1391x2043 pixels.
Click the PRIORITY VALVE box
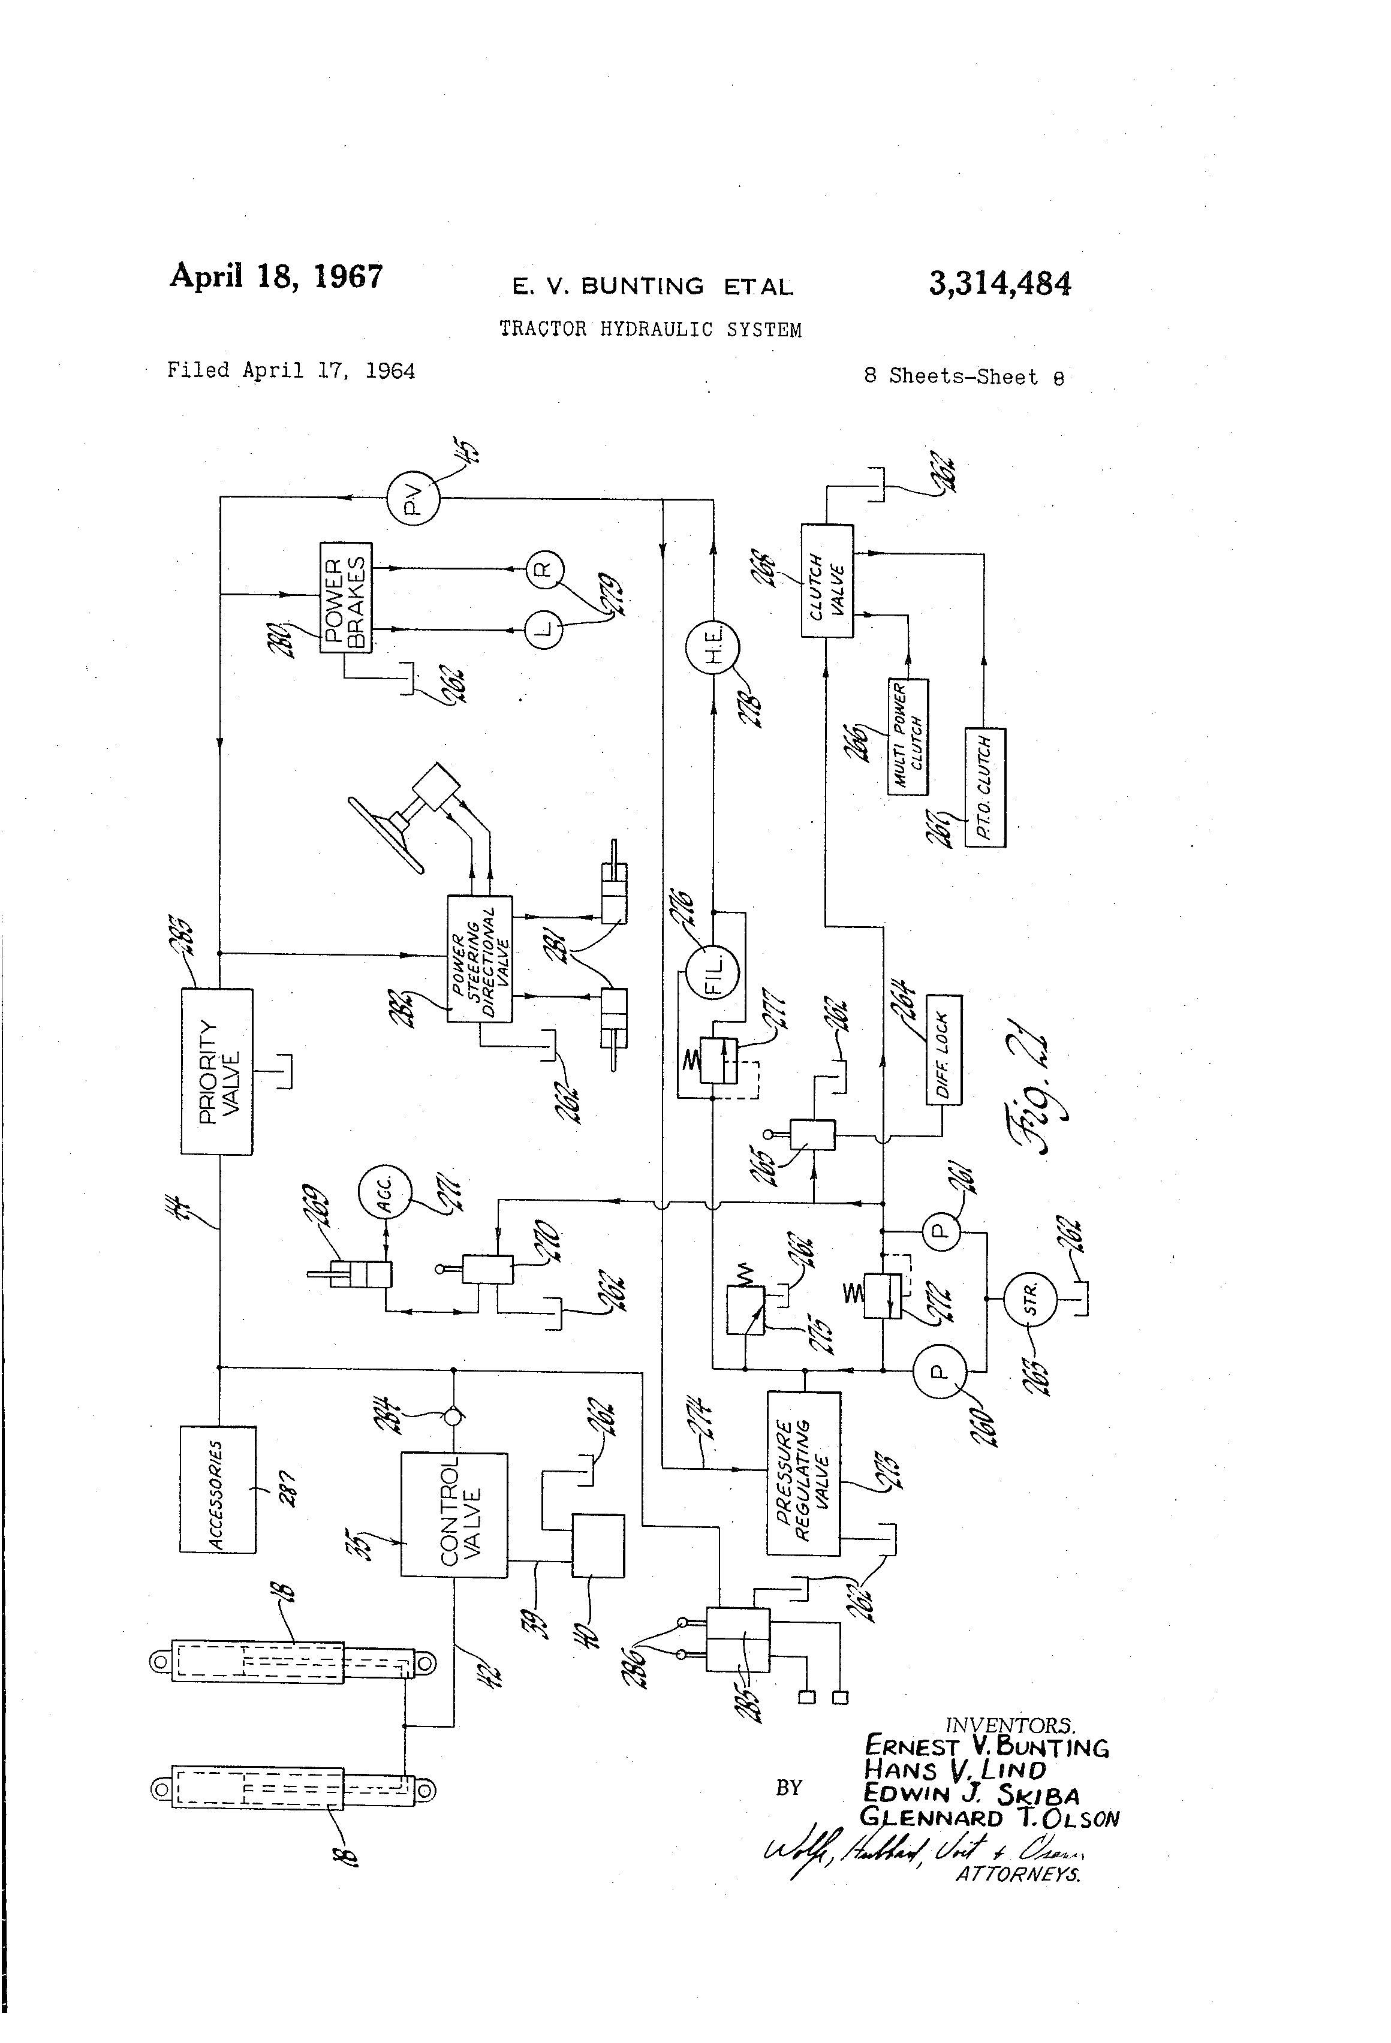tap(216, 1071)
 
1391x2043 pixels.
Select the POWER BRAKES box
tap(345, 597)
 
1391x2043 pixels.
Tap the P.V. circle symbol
tap(413, 498)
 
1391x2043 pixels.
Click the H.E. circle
tap(712, 648)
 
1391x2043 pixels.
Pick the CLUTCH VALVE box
tap(827, 580)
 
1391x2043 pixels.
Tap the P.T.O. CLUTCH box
tap(984, 787)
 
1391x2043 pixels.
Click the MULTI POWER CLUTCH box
tap(907, 737)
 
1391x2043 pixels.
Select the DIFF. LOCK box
tap(944, 1050)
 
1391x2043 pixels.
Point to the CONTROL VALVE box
tap(454, 1514)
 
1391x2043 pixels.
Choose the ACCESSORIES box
tap(217, 1489)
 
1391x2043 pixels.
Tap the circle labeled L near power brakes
tap(543, 629)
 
